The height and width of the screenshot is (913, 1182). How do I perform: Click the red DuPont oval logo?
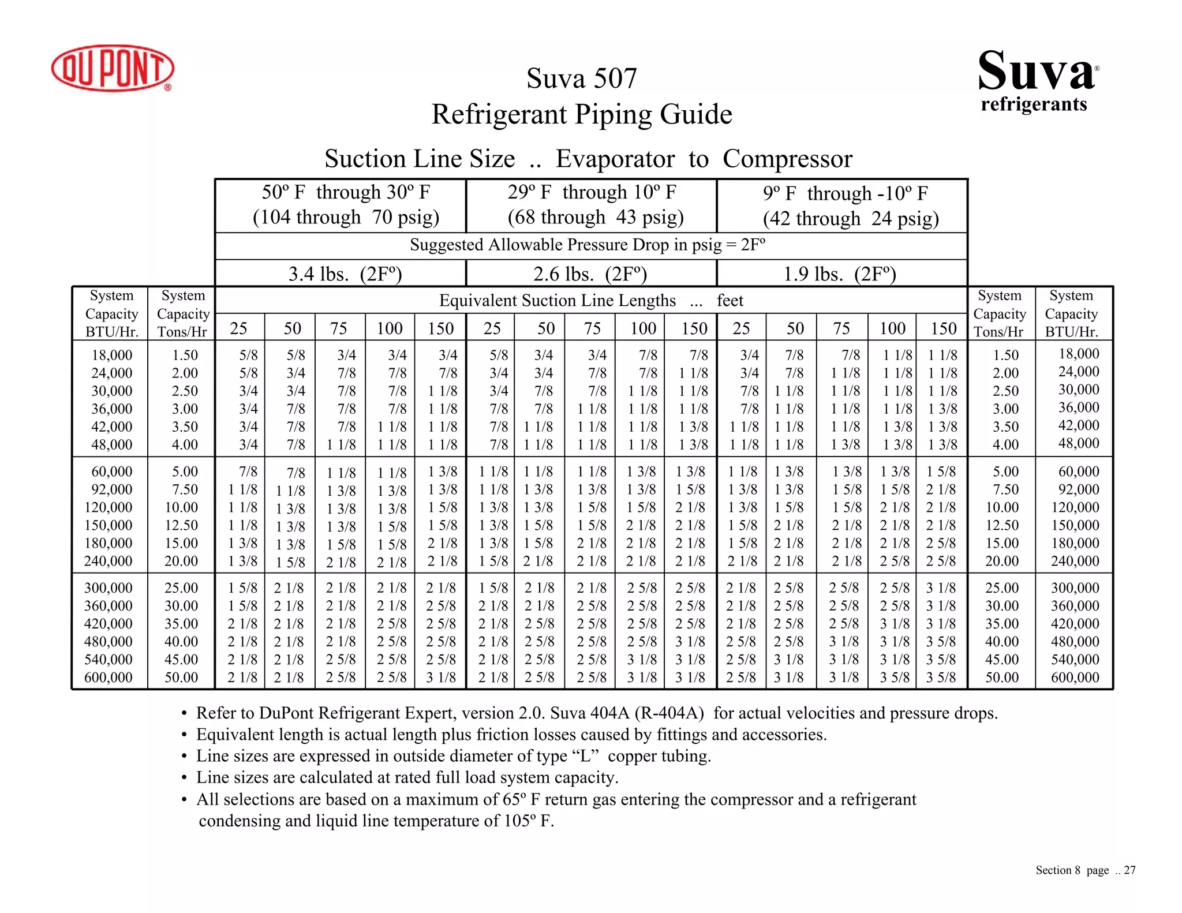click(113, 68)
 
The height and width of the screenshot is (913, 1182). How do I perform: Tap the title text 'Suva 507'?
click(581, 78)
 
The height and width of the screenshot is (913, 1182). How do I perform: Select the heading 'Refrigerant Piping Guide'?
click(581, 114)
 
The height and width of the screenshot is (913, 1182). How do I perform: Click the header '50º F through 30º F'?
click(346, 192)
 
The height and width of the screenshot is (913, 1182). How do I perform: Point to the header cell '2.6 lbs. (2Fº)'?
click(590, 274)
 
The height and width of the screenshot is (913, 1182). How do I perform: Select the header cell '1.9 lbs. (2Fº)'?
click(840, 274)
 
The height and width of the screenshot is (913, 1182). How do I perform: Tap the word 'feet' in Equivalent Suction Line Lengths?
click(730, 301)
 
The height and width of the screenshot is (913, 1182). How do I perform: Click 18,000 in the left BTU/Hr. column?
click(112, 355)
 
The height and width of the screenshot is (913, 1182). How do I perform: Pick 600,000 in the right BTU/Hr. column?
click(1075, 678)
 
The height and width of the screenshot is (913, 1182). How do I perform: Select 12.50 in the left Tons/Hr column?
click(181, 525)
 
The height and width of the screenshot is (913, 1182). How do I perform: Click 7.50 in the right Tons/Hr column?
click(1005, 489)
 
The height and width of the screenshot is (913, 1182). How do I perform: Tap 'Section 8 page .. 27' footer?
click(1085, 870)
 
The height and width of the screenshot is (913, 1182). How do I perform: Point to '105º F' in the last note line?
click(529, 821)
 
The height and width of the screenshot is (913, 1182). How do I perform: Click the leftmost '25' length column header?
click(238, 328)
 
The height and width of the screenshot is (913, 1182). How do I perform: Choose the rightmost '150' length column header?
click(944, 328)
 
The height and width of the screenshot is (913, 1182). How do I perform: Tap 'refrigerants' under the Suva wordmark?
click(1034, 104)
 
